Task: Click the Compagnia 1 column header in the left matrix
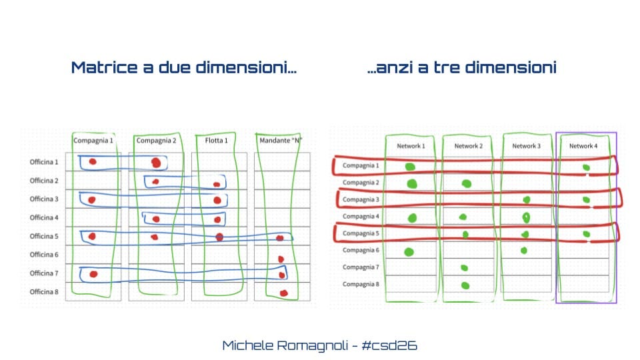point(93,141)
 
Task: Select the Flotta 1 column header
point(216,141)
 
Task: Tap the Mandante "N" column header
point(281,141)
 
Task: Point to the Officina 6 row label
point(44,255)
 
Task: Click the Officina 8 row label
point(44,292)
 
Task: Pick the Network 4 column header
point(583,146)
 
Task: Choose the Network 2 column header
point(469,146)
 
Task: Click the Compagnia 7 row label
point(361,267)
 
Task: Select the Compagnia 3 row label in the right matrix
point(361,199)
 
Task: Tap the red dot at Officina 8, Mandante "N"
point(284,293)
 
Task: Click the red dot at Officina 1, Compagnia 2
point(156,163)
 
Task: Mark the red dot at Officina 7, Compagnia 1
point(93,274)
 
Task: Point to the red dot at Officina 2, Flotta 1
point(217,185)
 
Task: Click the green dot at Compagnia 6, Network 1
point(409,252)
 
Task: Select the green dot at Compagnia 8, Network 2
point(465,285)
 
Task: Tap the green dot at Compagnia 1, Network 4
point(586,167)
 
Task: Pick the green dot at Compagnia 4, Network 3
point(526,217)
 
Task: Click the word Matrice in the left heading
point(105,67)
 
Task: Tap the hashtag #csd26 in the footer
point(389,346)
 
